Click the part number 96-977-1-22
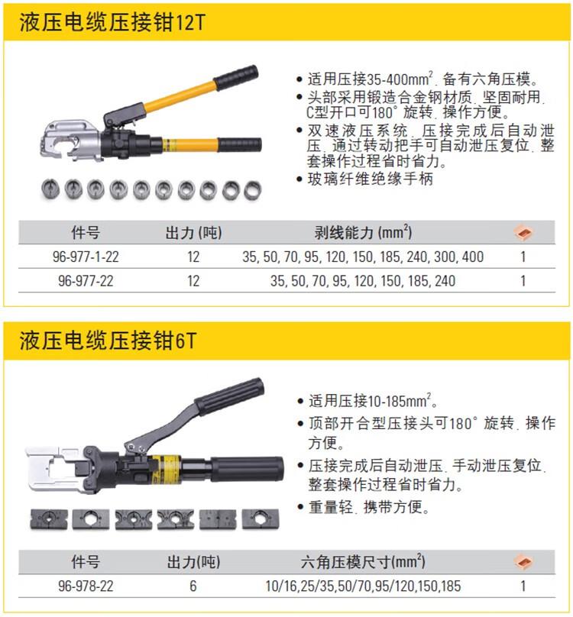(86, 257)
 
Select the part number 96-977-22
(86, 281)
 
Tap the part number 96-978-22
(86, 586)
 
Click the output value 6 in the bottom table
(193, 586)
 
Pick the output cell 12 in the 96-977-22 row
(193, 281)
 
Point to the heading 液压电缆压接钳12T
(112, 22)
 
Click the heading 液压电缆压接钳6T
(108, 341)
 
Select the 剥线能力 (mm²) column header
(363, 233)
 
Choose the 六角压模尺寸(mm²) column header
(363, 561)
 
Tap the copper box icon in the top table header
(523, 233)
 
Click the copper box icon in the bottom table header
(523, 562)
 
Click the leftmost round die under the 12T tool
(50, 189)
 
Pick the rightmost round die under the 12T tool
(252, 190)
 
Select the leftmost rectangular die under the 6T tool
(49, 519)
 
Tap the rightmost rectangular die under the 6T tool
(261, 519)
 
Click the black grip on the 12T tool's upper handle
(236, 76)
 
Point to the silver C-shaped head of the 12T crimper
(69, 140)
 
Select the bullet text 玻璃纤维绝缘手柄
(371, 179)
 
